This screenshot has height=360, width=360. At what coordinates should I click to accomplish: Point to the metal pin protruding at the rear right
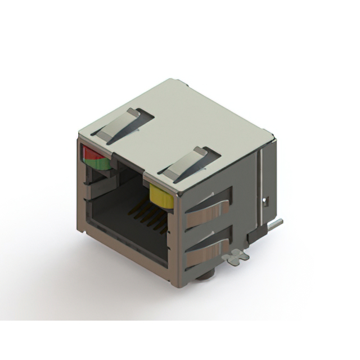pyautogui.click(x=274, y=224)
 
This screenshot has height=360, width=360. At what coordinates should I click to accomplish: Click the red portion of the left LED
pyautogui.click(x=90, y=152)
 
